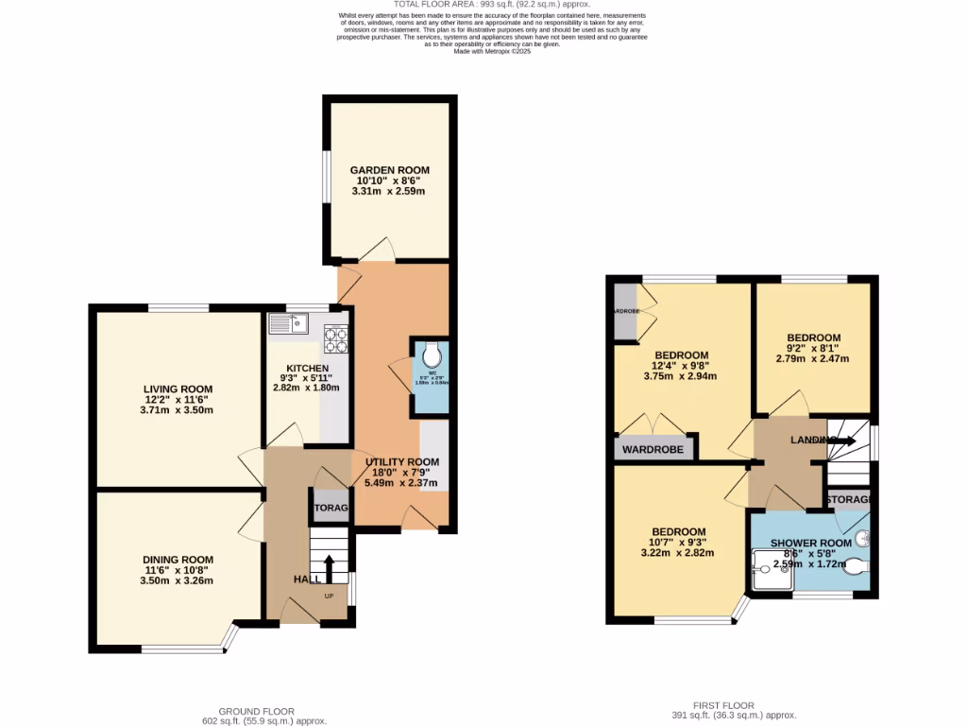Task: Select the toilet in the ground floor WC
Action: (433, 354)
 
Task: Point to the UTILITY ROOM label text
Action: (402, 461)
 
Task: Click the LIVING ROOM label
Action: (178, 389)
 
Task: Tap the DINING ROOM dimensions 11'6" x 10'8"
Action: (178, 569)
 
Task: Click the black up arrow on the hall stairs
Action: (329, 569)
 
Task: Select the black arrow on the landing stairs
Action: (844, 440)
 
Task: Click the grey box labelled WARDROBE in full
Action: (653, 449)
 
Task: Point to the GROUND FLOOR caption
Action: (256, 711)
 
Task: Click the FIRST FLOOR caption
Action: (725, 705)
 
